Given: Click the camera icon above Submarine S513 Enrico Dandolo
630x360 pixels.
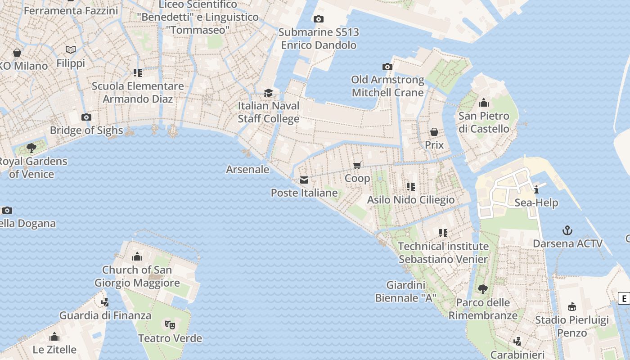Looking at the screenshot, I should coord(319,19).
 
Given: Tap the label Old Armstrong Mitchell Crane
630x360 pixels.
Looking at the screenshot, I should coord(387,86).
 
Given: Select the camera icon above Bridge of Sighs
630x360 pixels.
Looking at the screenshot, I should coord(86,117).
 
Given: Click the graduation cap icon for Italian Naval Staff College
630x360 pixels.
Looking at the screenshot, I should coord(269,93).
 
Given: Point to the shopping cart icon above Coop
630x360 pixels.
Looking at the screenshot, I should coord(357,165).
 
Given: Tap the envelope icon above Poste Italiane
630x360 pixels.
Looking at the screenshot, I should coord(304,180).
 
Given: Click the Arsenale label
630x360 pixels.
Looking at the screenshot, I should coord(247,170).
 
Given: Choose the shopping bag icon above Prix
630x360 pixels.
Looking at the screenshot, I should coord(434,132).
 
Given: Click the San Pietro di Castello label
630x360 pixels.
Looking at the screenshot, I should coord(484,122).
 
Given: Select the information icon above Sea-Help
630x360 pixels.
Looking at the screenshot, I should coord(536,189).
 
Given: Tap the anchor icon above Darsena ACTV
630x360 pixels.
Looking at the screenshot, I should coord(567,231).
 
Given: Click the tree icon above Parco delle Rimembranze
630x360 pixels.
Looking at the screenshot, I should coord(483,289).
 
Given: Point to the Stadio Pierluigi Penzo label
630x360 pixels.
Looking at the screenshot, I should coord(571,327).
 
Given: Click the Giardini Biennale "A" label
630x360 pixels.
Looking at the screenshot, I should coord(405,292).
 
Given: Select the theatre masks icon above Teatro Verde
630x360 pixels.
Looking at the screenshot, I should coord(170,324).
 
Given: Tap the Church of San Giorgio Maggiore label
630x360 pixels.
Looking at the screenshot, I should coord(137,276).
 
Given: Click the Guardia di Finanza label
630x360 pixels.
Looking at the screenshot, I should coord(105,315).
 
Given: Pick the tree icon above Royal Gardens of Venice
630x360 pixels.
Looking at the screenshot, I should coord(31,148).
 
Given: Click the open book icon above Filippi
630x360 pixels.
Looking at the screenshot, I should coord(71,50).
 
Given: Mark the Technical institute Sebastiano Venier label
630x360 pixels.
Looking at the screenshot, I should coord(443,253).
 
